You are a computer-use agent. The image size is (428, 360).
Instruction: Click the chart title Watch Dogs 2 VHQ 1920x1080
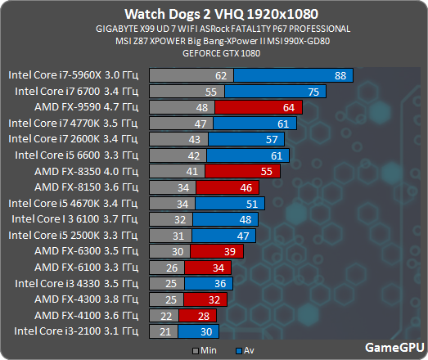[214, 13]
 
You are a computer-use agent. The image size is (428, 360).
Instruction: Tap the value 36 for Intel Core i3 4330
[218, 283]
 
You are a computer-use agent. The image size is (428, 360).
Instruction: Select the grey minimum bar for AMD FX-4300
[168, 299]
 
